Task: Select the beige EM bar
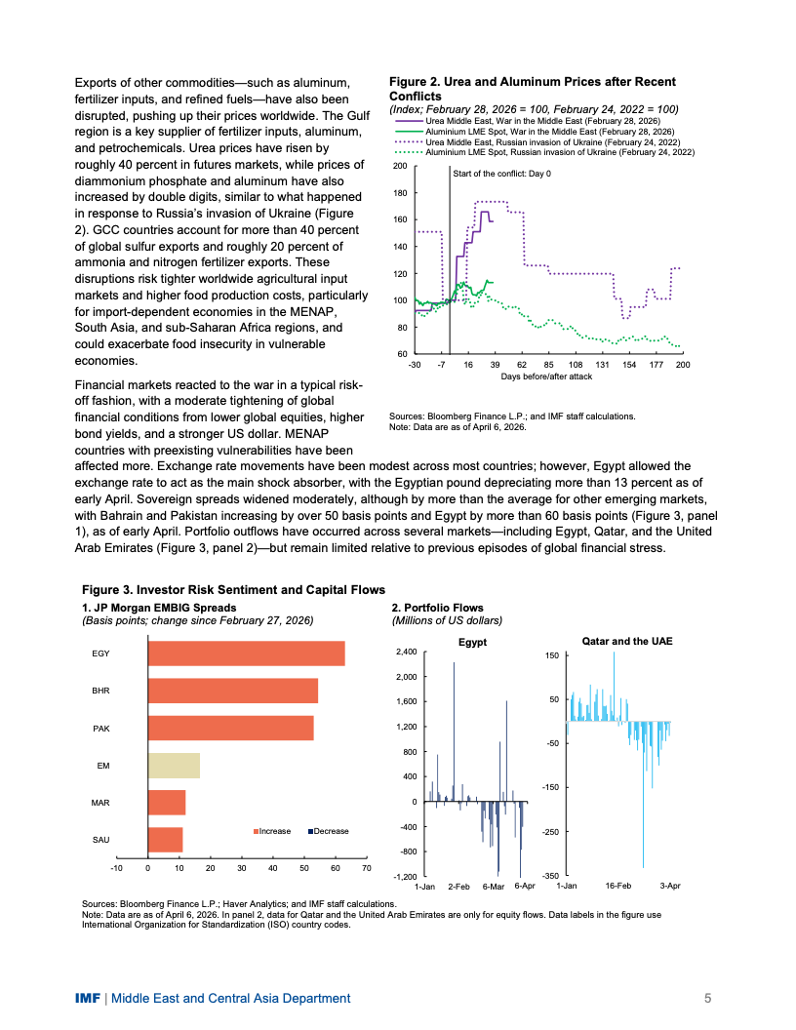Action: (x=174, y=766)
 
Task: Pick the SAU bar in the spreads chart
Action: (x=165, y=839)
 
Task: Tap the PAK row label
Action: (x=100, y=729)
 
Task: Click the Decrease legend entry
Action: (x=328, y=831)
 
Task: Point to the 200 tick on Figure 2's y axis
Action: (x=400, y=167)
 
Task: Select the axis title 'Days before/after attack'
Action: (x=546, y=375)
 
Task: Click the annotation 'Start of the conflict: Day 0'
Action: (x=501, y=173)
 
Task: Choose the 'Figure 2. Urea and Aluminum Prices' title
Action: (x=532, y=89)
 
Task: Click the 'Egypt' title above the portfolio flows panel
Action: (x=472, y=643)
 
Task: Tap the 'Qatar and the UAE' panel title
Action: (x=626, y=642)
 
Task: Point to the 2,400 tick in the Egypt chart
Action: (x=405, y=652)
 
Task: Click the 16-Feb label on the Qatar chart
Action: (x=618, y=885)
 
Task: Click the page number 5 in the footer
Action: (x=708, y=998)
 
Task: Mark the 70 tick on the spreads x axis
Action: (x=367, y=867)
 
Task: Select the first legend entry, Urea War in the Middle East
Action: (x=542, y=119)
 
